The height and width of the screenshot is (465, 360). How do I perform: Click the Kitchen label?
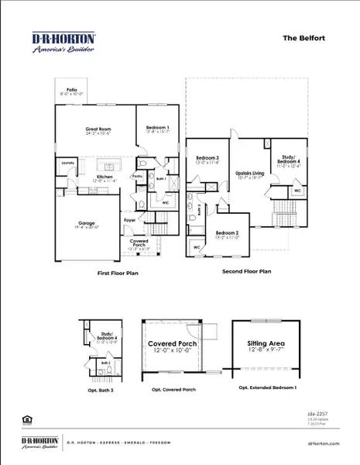pyautogui.click(x=105, y=177)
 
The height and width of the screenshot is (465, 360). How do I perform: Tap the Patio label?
pyautogui.click(x=72, y=90)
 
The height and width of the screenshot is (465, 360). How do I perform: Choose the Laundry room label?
pyautogui.click(x=67, y=164)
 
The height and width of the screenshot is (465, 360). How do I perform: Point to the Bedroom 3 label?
pyautogui.click(x=207, y=159)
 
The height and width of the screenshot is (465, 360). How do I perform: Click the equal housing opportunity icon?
pyautogui.click(x=28, y=419)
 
